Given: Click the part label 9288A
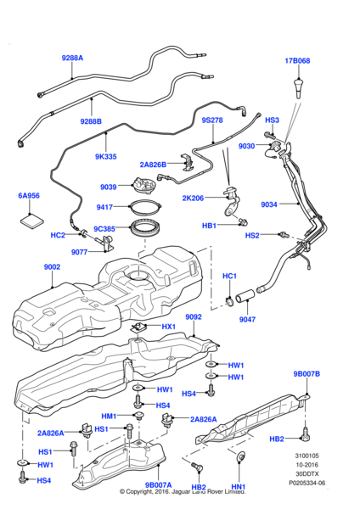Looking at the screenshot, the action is coord(72,58).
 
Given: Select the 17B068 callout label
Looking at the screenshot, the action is coord(297,61).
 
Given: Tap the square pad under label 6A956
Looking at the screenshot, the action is coord(32,221).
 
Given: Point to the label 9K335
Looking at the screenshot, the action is coord(105,156).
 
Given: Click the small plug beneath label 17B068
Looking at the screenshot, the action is coord(298,87).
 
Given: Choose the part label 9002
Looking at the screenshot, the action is coord(52,267).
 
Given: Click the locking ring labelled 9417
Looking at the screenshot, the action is coord(145,206).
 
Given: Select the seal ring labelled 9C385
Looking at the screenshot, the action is coord(145,228).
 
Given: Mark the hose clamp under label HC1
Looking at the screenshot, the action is coord(230,301).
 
